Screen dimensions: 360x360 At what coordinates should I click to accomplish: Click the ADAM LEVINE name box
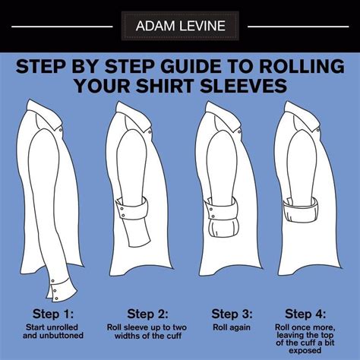pyautogui.click(x=180, y=26)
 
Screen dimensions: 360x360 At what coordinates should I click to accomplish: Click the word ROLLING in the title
pyautogui.click(x=302, y=66)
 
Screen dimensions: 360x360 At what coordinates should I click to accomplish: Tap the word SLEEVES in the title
pyautogui.click(x=244, y=86)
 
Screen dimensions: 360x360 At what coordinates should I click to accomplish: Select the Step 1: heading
pyautogui.click(x=53, y=314)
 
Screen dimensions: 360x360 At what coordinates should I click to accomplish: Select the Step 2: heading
pyautogui.click(x=147, y=314)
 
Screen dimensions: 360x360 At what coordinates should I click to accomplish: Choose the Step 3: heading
pyautogui.click(x=232, y=314)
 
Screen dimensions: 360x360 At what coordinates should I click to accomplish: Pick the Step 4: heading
pyautogui.click(x=305, y=314)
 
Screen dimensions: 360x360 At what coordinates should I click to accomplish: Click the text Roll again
pyautogui.click(x=232, y=327)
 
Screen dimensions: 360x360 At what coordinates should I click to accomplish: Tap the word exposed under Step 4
pyautogui.click(x=305, y=351)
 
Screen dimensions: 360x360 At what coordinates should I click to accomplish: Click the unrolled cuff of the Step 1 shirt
pyautogui.click(x=61, y=289)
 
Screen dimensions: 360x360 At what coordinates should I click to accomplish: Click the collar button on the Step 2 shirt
pyautogui.click(x=150, y=132)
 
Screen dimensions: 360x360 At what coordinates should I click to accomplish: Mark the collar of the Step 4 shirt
pyautogui.click(x=302, y=116)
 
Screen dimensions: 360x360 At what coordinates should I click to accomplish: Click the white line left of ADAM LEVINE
pyautogui.click(x=62, y=27)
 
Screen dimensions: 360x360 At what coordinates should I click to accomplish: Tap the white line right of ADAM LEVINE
pyautogui.click(x=298, y=27)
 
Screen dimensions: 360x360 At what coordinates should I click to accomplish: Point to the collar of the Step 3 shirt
pyautogui.click(x=223, y=116)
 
